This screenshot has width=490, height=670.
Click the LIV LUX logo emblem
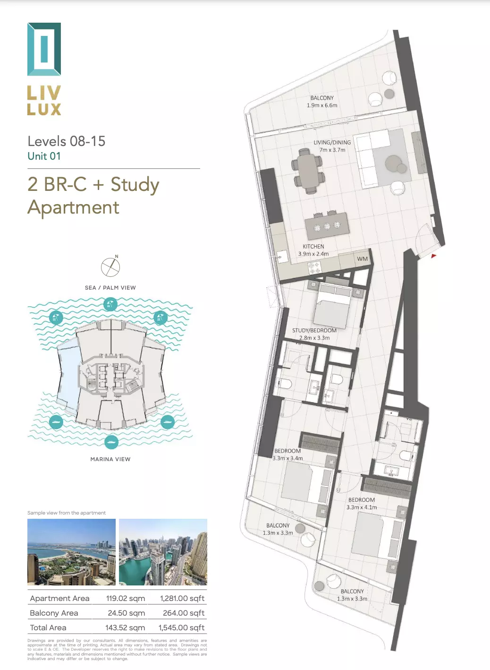click(x=44, y=49)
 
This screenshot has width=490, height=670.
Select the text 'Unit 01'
click(x=44, y=156)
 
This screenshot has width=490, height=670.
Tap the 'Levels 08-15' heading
click(x=67, y=141)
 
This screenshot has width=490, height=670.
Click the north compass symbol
click(x=110, y=267)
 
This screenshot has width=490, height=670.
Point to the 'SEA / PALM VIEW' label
click(x=110, y=288)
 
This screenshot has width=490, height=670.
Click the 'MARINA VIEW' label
click(x=110, y=459)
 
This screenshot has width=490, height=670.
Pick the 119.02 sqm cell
click(x=126, y=599)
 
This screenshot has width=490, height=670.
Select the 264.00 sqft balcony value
click(x=184, y=613)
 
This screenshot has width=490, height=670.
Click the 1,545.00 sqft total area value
click(x=181, y=627)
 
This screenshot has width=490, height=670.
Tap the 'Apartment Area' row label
click(x=59, y=599)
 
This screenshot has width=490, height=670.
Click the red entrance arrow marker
click(x=433, y=256)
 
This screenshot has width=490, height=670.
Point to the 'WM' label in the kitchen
click(x=362, y=259)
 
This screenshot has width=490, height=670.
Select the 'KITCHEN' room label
click(x=313, y=247)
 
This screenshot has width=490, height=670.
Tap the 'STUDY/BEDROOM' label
click(x=314, y=331)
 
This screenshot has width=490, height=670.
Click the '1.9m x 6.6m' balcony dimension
click(x=322, y=105)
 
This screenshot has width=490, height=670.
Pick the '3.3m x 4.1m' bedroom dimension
click(x=362, y=507)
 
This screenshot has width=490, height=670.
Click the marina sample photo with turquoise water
click(x=163, y=552)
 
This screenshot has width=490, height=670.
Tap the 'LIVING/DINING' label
click(x=332, y=142)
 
